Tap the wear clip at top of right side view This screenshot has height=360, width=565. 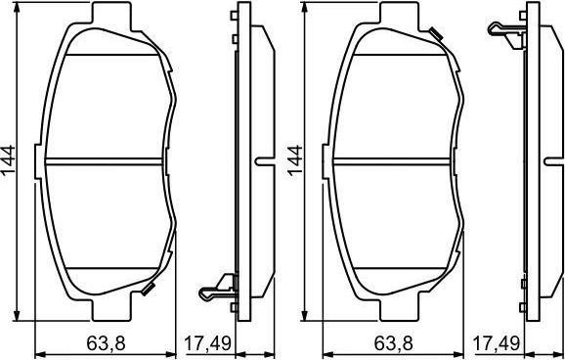pyautogui.click(x=502, y=30)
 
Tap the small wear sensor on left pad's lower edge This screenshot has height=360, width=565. pyautogui.click(x=149, y=288)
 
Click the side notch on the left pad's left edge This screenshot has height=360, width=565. pyautogui.click(x=38, y=160)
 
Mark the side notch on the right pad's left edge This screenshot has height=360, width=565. pyautogui.click(x=325, y=160)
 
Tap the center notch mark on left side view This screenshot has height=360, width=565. pyautogui.click(x=262, y=160)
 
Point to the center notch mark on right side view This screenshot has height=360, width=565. pyautogui.click(x=548, y=160)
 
